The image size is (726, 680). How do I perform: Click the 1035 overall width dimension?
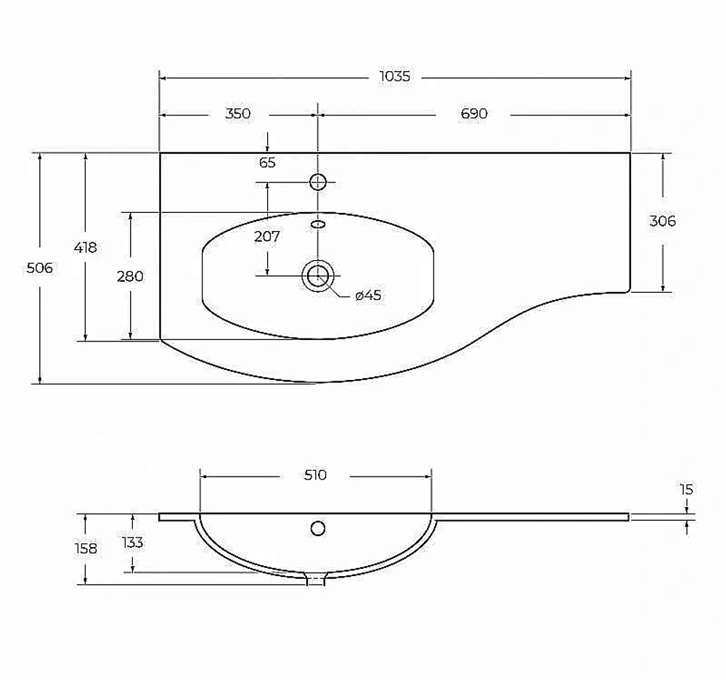click(x=394, y=76)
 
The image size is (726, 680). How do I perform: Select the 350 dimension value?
click(x=237, y=113)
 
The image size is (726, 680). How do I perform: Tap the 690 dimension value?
click(x=473, y=113)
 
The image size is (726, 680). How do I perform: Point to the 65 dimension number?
click(x=267, y=163)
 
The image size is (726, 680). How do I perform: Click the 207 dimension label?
click(x=267, y=237)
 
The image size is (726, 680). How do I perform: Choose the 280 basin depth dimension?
click(x=130, y=277)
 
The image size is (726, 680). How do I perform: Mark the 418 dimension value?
click(x=85, y=248)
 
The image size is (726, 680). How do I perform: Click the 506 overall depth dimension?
click(x=39, y=268)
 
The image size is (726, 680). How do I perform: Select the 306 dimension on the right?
click(x=663, y=221)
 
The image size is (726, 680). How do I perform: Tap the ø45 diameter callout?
click(x=368, y=295)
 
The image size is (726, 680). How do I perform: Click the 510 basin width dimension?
click(x=315, y=475)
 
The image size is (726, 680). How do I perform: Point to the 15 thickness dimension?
click(x=686, y=489)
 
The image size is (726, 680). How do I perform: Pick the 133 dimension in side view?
click(x=132, y=543)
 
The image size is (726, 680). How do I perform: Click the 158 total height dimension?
click(x=86, y=549)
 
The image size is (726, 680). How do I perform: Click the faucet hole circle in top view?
click(x=318, y=182)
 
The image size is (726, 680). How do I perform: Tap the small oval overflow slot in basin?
click(x=318, y=224)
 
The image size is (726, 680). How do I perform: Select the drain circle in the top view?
click(x=318, y=276)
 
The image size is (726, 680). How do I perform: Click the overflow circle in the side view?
click(x=318, y=528)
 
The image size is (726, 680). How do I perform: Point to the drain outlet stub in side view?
click(x=317, y=579)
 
